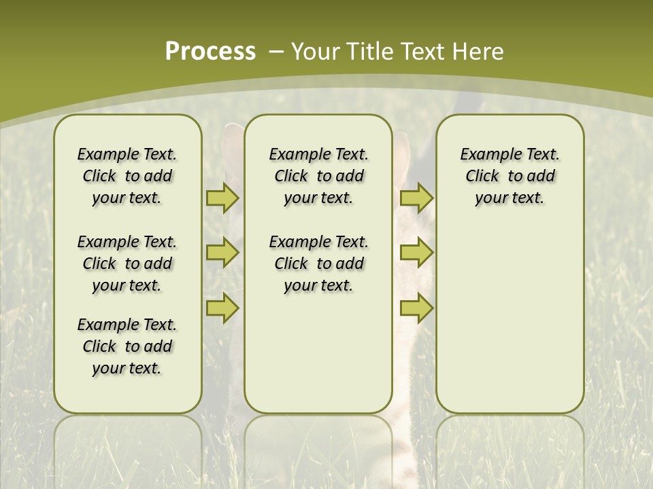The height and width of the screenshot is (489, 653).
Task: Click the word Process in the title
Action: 210,51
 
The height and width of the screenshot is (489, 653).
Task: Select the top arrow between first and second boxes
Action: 222,198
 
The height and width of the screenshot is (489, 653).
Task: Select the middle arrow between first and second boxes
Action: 222,253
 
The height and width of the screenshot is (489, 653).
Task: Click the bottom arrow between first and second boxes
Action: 222,308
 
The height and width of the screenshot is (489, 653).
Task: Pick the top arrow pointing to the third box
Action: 416,198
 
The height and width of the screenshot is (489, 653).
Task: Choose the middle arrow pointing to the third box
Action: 416,253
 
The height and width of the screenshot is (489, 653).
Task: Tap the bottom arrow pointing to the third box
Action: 416,308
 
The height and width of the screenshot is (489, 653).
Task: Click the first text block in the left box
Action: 127,176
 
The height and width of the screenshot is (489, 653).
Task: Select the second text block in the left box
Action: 127,264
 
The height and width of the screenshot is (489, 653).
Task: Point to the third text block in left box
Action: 127,346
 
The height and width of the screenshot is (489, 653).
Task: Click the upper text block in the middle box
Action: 318,176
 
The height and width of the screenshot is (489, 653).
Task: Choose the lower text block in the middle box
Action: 318,264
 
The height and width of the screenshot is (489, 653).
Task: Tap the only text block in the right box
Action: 509,176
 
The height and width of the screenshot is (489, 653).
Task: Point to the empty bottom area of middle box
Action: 318,360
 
